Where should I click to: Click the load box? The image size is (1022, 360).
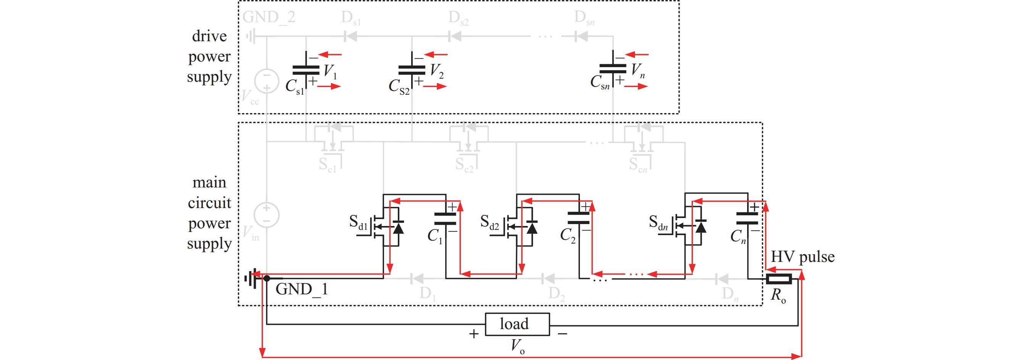[518, 324]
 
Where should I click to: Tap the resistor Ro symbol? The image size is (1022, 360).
[779, 279]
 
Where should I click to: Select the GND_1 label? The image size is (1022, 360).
[302, 289]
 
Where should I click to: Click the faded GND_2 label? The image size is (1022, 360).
[269, 17]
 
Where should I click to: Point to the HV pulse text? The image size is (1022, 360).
[802, 257]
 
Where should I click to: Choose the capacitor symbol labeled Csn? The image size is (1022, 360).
[613, 70]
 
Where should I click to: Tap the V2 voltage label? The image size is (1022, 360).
[437, 71]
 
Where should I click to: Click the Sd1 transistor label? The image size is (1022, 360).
[358, 222]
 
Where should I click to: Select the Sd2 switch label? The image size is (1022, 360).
[490, 222]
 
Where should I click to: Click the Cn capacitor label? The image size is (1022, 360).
[738, 237]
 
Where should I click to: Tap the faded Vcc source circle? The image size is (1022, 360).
[266, 81]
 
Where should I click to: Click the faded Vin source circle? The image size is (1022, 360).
[266, 215]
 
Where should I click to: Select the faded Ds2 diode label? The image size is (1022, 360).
[458, 18]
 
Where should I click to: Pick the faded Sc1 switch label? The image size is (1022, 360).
[327, 165]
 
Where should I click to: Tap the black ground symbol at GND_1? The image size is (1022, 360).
[251, 279]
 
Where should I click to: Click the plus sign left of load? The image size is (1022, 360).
[473, 334]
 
